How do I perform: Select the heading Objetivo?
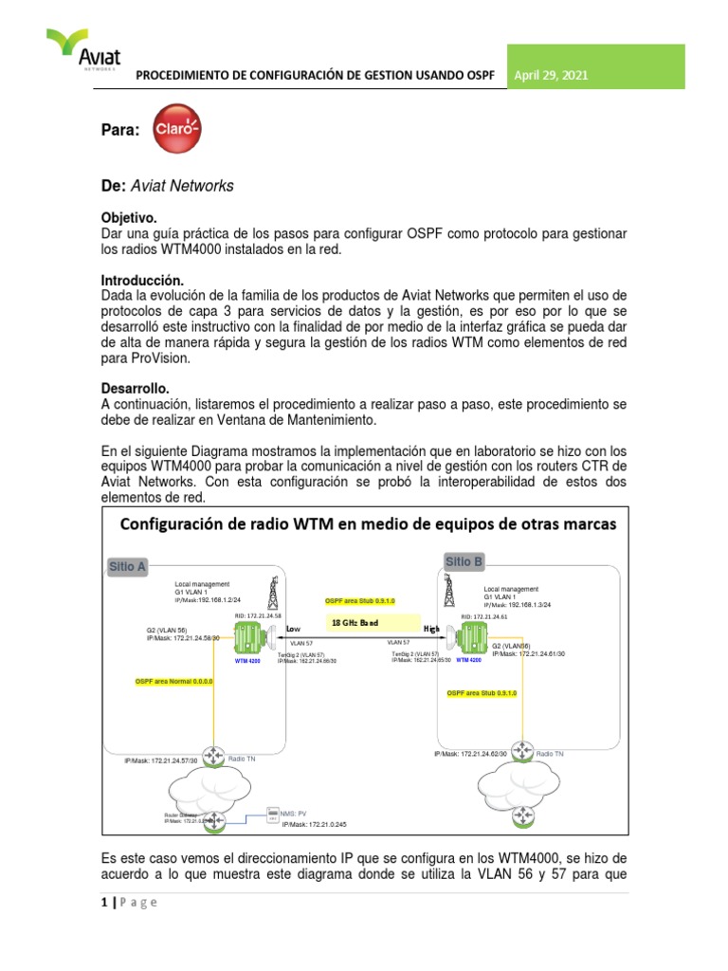click(128, 217)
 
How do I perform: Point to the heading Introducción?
click(140, 281)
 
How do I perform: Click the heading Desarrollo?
click(135, 389)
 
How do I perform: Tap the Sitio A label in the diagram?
click(128, 567)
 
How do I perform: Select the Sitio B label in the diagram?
click(464, 561)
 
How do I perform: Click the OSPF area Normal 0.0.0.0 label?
click(175, 681)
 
